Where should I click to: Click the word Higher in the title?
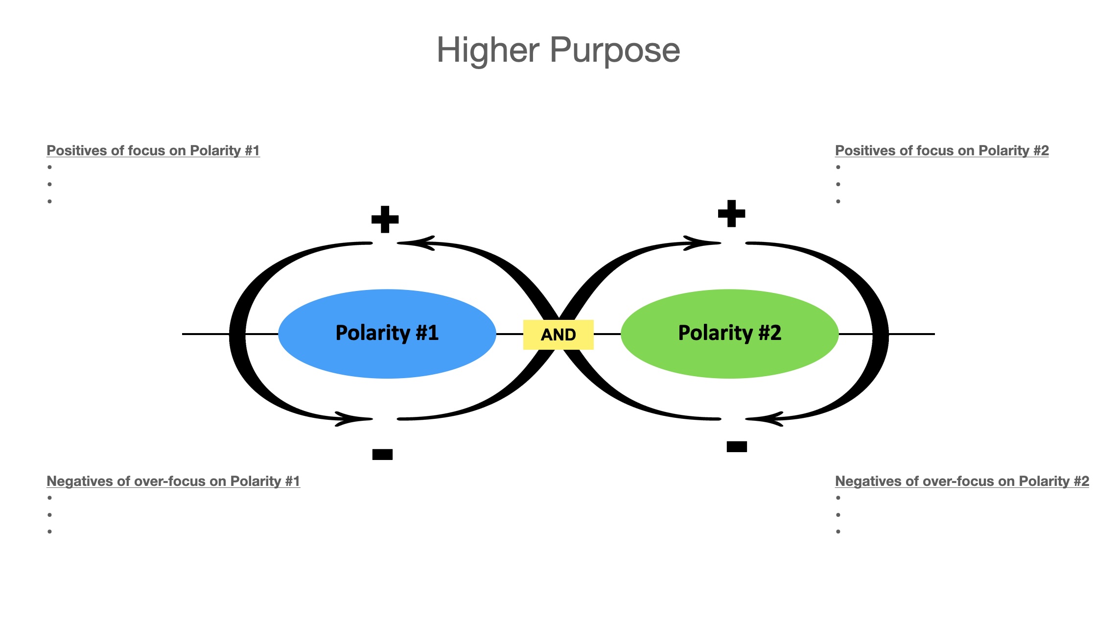tap(488, 50)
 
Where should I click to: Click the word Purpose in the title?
tap(615, 51)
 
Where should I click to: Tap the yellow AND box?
tap(558, 335)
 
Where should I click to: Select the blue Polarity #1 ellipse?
tap(387, 333)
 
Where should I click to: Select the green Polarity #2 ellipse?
tap(729, 333)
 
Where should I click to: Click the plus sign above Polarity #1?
tap(385, 219)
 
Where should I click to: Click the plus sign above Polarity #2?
tap(731, 214)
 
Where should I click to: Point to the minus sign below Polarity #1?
tap(382, 455)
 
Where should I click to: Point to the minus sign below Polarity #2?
tap(737, 446)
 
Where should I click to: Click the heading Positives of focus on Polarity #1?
tap(153, 150)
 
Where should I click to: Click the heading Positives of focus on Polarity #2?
tap(941, 150)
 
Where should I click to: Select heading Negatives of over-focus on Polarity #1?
tap(173, 481)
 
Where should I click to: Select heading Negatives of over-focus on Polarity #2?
tap(962, 481)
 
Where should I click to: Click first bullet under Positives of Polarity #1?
tap(50, 167)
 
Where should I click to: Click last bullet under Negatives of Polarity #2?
tap(838, 531)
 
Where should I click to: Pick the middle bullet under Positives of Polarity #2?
tap(838, 184)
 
